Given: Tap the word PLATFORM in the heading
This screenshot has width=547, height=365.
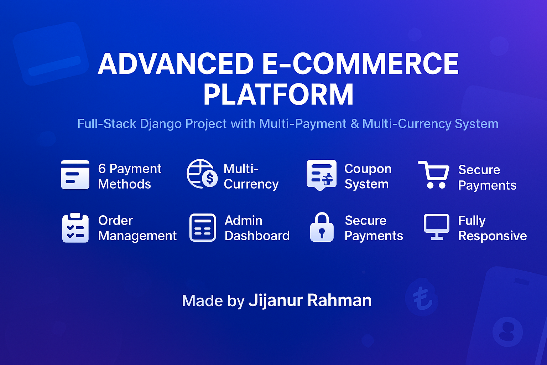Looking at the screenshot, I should click(278, 95).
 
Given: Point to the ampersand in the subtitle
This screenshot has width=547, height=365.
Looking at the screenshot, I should click(354, 124).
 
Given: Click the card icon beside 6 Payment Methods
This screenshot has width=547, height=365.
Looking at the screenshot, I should click(75, 175).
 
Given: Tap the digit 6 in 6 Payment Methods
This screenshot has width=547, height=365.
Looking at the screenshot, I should click(102, 169).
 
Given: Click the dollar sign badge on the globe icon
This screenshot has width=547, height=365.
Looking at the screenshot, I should click(210, 178).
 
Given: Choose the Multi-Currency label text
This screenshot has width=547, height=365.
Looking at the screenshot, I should click(251, 176).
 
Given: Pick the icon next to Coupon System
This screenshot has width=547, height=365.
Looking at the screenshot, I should click(321, 175).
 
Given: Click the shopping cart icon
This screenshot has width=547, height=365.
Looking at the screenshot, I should click(434, 175).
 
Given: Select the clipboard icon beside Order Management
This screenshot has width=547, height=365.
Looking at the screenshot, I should click(75, 228).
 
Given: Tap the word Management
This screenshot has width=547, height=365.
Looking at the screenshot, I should click(137, 236).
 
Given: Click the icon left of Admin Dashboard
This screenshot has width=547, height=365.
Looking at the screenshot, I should click(203, 228).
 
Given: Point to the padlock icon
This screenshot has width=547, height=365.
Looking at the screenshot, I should click(322, 228).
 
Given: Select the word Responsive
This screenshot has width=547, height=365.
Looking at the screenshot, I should click(493, 236).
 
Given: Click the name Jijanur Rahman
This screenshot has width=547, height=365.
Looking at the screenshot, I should click(310, 300).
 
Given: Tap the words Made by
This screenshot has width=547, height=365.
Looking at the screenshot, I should click(213, 301).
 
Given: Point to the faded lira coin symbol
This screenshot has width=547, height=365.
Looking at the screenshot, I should click(422, 297).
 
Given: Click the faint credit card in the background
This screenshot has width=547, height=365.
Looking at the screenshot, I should click(51, 53).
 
